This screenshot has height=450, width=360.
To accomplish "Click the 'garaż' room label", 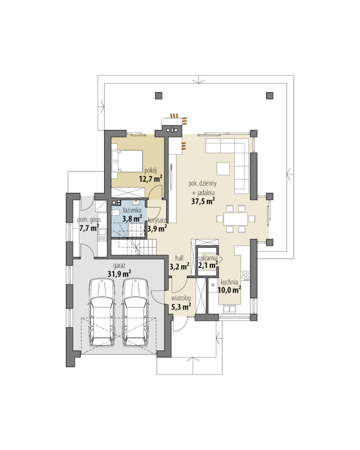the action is point(119,266).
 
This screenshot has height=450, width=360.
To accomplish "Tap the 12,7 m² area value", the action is point(150,179).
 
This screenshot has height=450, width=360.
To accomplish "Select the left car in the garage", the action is point(102,313).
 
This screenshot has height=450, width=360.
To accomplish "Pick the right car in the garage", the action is point(136,313).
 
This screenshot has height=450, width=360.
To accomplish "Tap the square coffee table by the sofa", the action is point(223,169).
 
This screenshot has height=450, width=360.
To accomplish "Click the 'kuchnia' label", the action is point(229,282).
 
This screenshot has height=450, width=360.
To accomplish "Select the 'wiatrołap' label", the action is point(181,298).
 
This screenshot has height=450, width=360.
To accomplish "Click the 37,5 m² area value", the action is point(203,201).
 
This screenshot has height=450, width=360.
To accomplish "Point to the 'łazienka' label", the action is point(132,211).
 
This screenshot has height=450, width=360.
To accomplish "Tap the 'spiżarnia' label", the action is point(207,258).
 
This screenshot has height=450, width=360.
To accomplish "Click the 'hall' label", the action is point(179,259).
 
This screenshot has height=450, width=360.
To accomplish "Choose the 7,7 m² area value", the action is point(89,228).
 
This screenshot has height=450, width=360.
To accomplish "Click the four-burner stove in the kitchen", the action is point(246,275).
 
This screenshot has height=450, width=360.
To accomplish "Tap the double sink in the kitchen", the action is point(230,309).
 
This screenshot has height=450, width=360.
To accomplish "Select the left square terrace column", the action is point(159,96).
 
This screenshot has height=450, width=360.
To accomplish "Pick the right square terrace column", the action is point(269,96).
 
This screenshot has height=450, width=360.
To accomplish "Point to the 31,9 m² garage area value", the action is point(119,274).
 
